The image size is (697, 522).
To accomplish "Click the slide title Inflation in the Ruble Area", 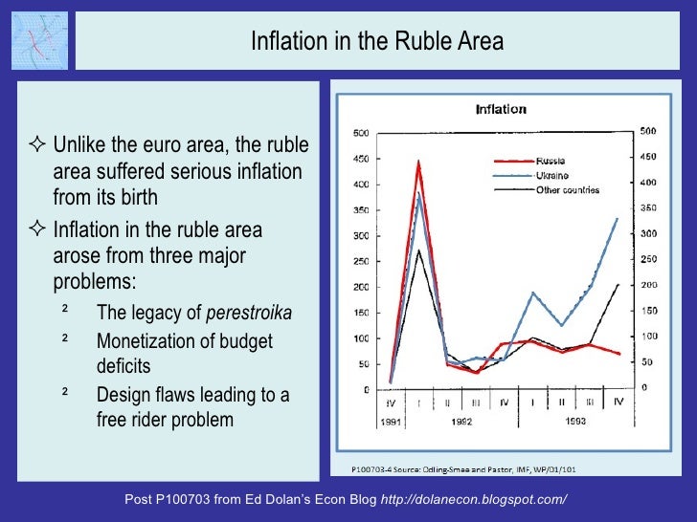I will [376, 42].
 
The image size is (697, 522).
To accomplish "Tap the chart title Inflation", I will [501, 110].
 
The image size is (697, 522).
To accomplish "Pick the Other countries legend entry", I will [568, 190].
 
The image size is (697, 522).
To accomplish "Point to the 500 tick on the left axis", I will [363, 132].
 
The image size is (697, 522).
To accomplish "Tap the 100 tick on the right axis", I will [648, 337].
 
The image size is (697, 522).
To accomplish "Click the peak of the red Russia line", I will [418, 162].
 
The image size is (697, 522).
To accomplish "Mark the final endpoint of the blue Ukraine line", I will [617, 218].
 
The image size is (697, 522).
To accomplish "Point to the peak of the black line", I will [418, 250].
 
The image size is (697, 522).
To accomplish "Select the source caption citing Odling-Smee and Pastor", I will [455, 469].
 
